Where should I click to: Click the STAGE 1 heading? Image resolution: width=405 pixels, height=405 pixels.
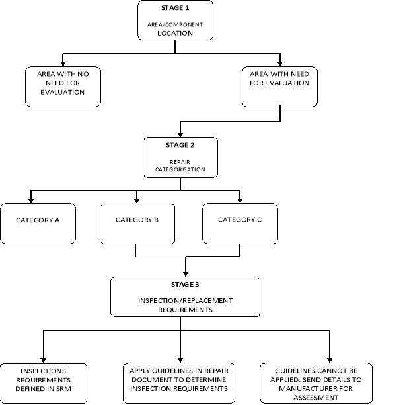click(x=175, y=8)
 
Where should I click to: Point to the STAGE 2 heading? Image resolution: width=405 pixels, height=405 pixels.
click(x=180, y=145)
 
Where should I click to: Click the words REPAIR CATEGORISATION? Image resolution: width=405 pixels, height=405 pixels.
click(x=180, y=165)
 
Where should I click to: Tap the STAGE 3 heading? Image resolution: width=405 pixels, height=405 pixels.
click(x=185, y=285)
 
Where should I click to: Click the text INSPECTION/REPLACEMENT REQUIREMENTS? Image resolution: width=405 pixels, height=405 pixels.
click(x=185, y=304)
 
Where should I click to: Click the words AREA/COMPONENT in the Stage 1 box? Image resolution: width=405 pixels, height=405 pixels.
click(x=175, y=24)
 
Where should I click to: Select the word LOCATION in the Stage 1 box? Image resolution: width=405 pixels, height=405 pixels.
click(x=175, y=32)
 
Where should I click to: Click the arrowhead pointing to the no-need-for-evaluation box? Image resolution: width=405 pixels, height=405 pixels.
click(x=63, y=61)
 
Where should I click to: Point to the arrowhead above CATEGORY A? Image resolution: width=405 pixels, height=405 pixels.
click(x=30, y=199)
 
